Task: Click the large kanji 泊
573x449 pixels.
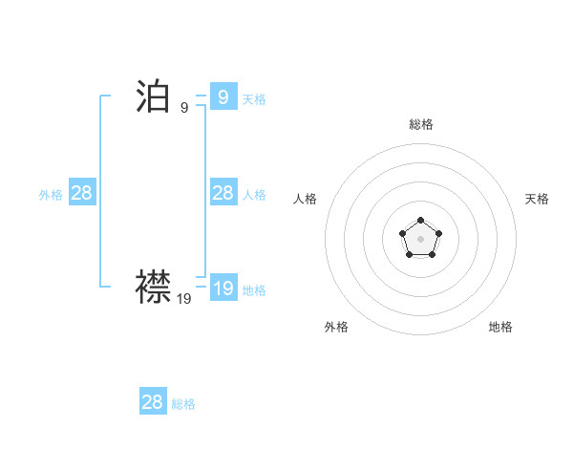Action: click(x=153, y=96)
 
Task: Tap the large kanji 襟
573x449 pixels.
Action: click(x=153, y=286)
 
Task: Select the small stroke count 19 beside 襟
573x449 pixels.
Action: click(x=184, y=298)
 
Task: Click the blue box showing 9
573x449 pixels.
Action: click(x=223, y=97)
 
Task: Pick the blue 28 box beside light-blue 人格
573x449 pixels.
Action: click(x=223, y=193)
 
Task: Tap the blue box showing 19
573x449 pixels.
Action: click(x=223, y=289)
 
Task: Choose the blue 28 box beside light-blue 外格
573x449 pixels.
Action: click(x=81, y=193)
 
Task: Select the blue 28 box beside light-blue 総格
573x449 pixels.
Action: click(x=153, y=402)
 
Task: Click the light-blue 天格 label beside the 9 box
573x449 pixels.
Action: click(x=254, y=99)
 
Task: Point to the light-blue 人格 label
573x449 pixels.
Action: click(x=254, y=195)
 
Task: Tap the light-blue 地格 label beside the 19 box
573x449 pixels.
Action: click(x=254, y=290)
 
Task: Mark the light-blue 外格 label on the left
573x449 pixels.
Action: click(x=51, y=195)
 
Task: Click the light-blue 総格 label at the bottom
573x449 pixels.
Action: click(x=183, y=404)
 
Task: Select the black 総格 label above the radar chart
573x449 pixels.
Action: click(x=421, y=124)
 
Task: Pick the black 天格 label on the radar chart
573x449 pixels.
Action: click(x=537, y=199)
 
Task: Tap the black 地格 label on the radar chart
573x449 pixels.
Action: click(x=500, y=327)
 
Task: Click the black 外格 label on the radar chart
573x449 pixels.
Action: click(x=336, y=327)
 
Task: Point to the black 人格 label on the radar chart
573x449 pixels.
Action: click(x=305, y=199)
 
